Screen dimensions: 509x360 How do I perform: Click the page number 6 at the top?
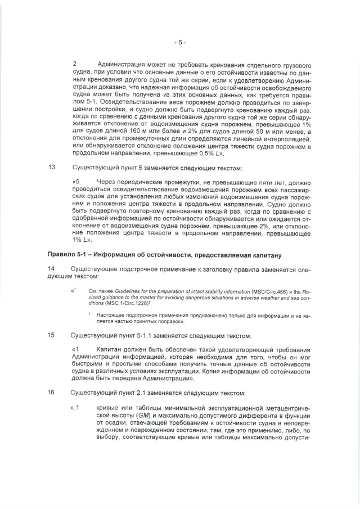[x=179, y=42]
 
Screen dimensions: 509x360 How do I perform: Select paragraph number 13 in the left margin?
[x=52, y=168]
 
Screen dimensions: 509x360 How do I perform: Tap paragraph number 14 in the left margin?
[x=52, y=269]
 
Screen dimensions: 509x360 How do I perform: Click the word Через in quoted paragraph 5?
[x=108, y=183]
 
